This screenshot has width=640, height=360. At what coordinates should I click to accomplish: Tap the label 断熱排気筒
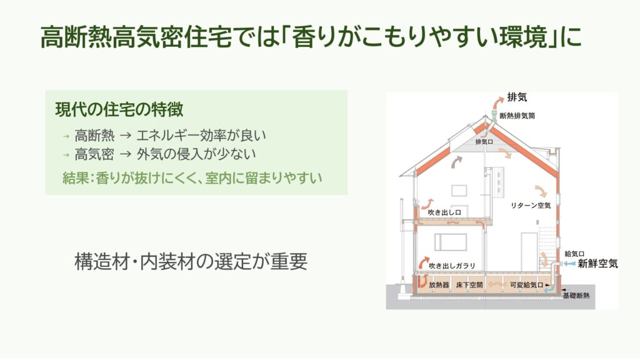(x=517, y=116)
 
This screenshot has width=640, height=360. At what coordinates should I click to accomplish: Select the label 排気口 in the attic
(x=485, y=142)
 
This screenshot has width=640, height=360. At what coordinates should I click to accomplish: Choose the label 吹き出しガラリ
(x=451, y=266)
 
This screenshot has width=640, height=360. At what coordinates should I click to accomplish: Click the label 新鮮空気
(x=597, y=264)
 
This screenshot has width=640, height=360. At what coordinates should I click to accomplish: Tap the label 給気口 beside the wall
(x=574, y=254)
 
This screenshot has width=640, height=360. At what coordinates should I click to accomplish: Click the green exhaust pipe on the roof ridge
(x=494, y=116)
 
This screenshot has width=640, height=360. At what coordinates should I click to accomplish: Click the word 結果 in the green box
(x=75, y=178)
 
